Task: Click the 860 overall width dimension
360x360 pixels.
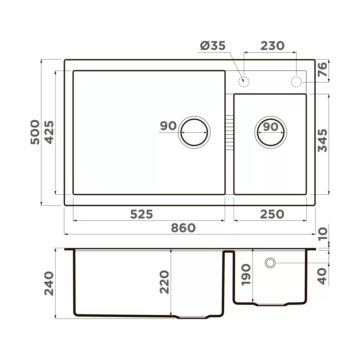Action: click(x=183, y=228)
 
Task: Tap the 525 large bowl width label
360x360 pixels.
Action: click(x=142, y=214)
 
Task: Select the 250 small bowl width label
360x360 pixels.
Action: click(x=272, y=214)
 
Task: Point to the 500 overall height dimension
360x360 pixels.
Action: click(x=35, y=132)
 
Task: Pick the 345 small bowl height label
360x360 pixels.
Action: click(x=322, y=140)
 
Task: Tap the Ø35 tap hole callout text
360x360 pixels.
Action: click(x=212, y=46)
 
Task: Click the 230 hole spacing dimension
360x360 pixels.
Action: click(x=272, y=46)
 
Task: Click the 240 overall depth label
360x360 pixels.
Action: click(x=49, y=283)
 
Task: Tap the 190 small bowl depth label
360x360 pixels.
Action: click(x=246, y=274)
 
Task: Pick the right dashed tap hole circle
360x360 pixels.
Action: click(x=296, y=82)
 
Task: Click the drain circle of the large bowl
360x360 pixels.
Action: click(x=194, y=132)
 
